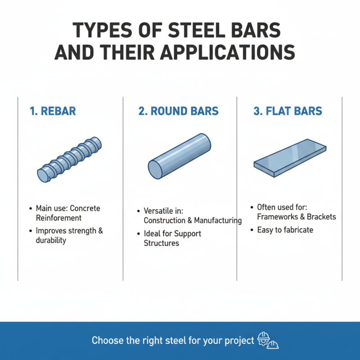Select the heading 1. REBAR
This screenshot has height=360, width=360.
pyautogui.click(x=53, y=111)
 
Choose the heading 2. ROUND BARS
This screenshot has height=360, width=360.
pyautogui.click(x=179, y=111)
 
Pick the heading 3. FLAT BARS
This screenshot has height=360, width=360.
pyautogui.click(x=288, y=111)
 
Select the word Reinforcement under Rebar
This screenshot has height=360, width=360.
pyautogui.click(x=59, y=218)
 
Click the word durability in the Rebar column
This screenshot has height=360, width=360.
pyautogui.click(x=51, y=240)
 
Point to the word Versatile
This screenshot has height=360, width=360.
pyautogui.click(x=158, y=211)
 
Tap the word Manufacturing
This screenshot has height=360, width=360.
pyautogui.click(x=218, y=220)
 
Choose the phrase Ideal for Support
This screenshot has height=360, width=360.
pyautogui.click(x=172, y=234)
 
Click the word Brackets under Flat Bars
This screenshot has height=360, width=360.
pyautogui.click(x=320, y=216)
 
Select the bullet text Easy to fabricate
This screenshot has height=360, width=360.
pyautogui.click(x=285, y=230)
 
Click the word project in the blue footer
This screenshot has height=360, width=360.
pyautogui.click(x=238, y=341)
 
